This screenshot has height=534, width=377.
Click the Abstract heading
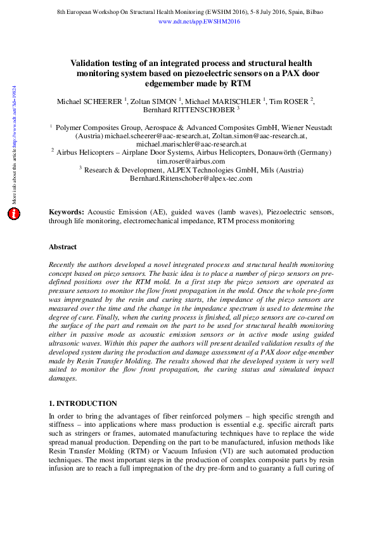(x=63, y=247)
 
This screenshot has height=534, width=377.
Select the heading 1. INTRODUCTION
(x=83, y=403)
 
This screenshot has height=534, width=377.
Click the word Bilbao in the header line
(x=310, y=12)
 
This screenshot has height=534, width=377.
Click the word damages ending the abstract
(x=63, y=378)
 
